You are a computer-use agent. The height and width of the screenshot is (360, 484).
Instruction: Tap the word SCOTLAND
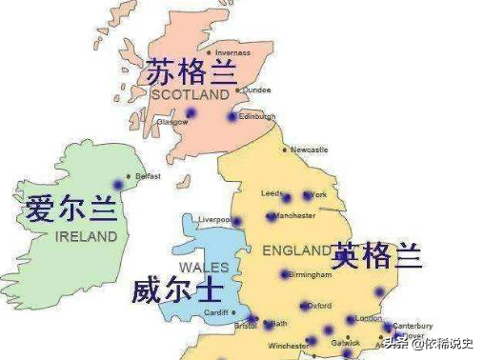(190, 95)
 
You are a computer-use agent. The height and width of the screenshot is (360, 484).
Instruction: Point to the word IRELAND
(86, 235)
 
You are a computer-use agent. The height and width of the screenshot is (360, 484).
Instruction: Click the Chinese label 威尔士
(169, 289)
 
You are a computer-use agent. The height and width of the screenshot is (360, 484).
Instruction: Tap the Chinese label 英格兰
(376, 255)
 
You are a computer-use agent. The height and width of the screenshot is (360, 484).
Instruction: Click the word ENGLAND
(296, 250)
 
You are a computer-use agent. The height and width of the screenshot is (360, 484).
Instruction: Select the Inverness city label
(232, 52)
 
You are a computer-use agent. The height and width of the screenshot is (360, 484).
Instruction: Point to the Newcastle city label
(309, 150)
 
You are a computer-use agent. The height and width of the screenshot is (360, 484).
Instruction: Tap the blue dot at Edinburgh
(232, 117)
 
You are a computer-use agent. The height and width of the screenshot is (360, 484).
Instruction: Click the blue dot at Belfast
(119, 184)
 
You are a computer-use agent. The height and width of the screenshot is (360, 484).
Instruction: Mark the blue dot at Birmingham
(284, 275)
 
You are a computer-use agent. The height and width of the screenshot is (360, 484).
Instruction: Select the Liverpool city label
(214, 219)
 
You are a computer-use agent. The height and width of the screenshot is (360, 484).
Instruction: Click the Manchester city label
(295, 216)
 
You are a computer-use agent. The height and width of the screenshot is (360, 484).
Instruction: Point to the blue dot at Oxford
(304, 306)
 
